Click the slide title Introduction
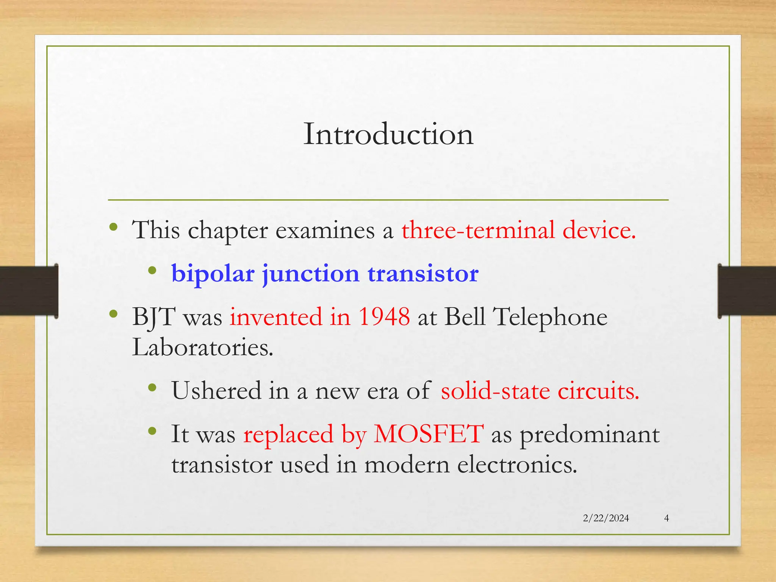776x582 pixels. (388, 135)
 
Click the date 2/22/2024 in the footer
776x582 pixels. (606, 518)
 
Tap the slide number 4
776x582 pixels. (666, 518)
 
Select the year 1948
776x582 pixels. (384, 316)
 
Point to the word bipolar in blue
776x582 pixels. (213, 274)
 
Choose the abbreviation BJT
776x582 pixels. (154, 317)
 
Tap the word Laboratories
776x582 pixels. (202, 347)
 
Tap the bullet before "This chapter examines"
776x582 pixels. (113, 227)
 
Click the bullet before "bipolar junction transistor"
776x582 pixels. (152, 271)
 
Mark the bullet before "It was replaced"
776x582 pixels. (152, 431)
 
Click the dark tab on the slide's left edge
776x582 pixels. (29, 291)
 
